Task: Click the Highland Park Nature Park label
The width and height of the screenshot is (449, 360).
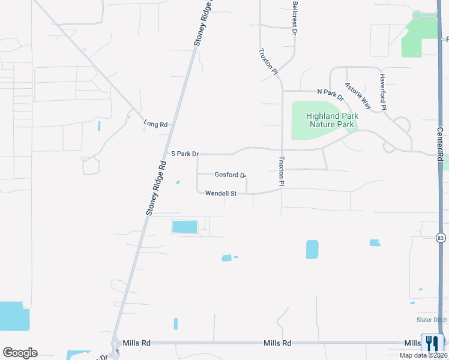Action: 332,120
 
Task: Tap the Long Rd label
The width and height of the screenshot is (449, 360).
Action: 155,124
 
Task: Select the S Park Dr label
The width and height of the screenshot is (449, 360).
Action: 185,154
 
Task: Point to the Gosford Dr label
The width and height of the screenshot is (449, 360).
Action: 231,175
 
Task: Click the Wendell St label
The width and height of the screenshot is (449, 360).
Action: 221,193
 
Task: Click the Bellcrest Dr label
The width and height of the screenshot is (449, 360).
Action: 295,17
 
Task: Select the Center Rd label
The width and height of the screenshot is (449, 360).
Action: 440,144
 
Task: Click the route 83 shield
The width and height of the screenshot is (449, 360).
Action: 441,238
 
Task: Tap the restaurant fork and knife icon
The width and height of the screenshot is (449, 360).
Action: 432,343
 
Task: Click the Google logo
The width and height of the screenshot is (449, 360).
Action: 20,353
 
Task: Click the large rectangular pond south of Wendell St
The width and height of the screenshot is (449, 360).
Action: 184,226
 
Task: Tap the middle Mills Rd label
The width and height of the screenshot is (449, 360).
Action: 277,343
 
